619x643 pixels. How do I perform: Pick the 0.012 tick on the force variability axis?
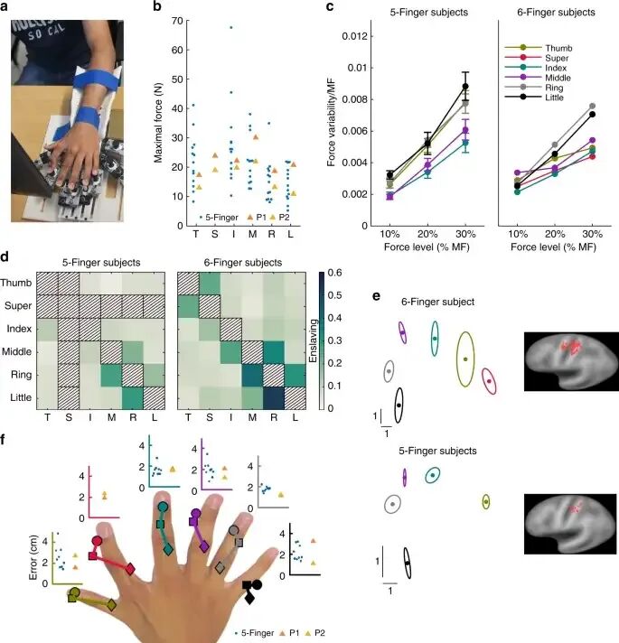coord(354,36)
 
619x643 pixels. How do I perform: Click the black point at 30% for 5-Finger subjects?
coord(465,87)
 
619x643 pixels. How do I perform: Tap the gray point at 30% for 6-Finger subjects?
coord(592,107)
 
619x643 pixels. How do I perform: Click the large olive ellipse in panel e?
coord(464,359)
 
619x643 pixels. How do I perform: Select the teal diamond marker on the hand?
coord(167,550)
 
